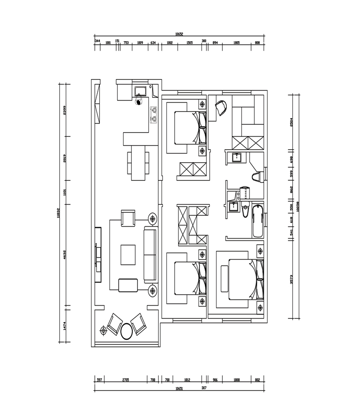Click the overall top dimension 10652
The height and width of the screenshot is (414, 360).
pos(179,34)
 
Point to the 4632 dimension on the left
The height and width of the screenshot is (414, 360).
pos(64,256)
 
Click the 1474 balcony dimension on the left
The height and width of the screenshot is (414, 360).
pos(64,327)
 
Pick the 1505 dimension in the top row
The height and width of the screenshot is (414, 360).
pos(189,43)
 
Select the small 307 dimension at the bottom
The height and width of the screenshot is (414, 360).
pos(204,387)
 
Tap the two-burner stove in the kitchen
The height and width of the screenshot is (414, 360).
pos(154,114)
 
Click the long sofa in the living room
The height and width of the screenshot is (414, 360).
pos(150,255)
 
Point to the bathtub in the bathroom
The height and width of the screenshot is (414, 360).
pos(258,221)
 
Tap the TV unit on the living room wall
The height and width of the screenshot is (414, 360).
pos(98,255)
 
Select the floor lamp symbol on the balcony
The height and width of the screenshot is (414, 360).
pos(103,331)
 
